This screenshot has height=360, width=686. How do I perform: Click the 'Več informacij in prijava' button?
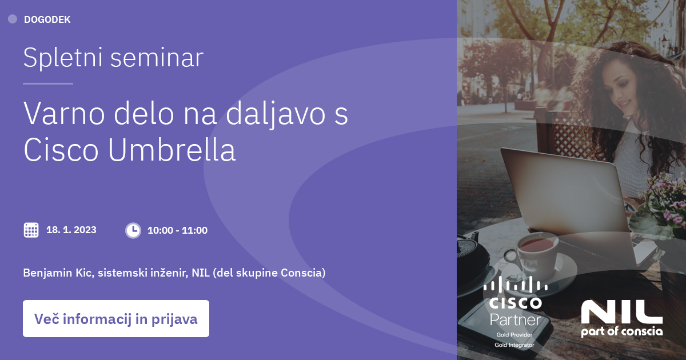point(116,319)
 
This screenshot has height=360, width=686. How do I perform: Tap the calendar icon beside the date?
point(31,230)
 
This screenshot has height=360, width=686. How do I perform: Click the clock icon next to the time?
point(133,230)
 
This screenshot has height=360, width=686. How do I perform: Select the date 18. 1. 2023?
point(71,230)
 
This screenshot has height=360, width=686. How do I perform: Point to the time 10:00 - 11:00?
point(177,230)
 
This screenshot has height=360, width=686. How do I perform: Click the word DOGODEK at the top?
point(47,19)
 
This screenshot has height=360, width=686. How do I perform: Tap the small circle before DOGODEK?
point(13,19)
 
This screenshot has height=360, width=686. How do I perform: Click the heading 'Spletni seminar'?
point(113,58)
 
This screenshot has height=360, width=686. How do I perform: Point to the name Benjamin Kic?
point(58,273)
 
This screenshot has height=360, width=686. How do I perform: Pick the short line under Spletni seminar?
point(48,83)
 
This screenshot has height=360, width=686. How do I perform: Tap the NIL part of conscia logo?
point(622,318)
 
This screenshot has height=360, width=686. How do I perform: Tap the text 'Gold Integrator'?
point(514,345)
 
